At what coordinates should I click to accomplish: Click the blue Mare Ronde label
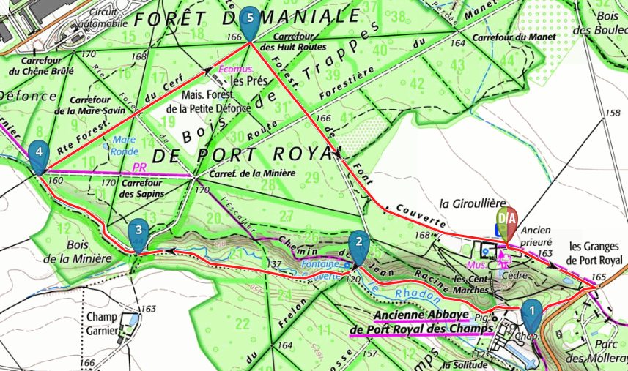[x=124, y=146]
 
